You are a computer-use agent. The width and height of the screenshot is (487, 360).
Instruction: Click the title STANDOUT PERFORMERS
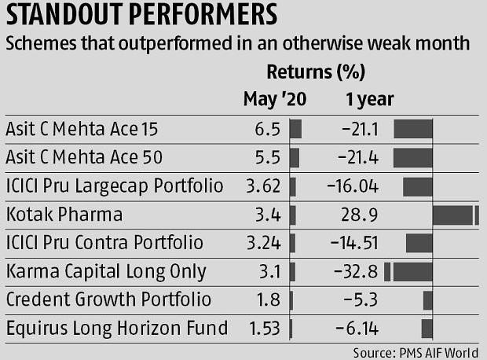pos(142,16)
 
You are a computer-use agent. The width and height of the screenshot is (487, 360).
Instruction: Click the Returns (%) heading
pos(316,73)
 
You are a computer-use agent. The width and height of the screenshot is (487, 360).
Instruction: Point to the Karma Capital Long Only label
pos(106,271)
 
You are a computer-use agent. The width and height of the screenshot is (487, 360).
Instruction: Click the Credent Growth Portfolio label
pos(108,299)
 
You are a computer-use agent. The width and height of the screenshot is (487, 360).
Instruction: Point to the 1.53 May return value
pos(265,328)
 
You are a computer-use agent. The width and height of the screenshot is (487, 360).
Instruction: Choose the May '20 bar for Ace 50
pos(295,158)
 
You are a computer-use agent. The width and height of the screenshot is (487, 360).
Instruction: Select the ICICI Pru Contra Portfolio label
pos(104,243)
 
